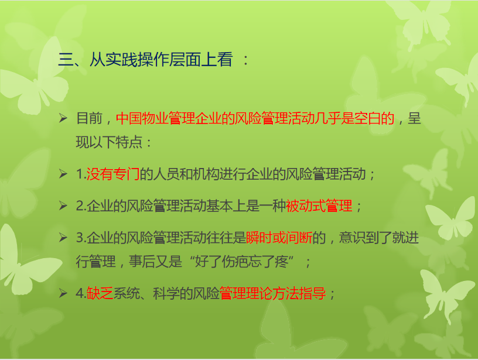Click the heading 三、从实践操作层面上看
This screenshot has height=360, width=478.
(x=146, y=59)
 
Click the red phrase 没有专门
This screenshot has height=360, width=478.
(x=113, y=174)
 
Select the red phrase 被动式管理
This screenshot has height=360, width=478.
(x=319, y=206)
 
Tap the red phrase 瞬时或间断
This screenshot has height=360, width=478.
(x=279, y=238)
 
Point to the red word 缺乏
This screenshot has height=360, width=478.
(x=100, y=294)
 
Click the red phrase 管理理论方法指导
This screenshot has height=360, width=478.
(x=272, y=294)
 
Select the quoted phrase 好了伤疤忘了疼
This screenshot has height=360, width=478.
(x=241, y=262)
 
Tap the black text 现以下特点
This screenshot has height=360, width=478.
(x=109, y=142)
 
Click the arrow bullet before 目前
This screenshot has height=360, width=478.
(x=63, y=118)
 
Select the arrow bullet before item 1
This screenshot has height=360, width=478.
(x=63, y=174)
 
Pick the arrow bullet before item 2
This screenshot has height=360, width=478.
(x=63, y=205)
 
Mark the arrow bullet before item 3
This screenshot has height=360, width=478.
(x=63, y=237)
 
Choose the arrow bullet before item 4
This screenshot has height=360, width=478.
(x=63, y=293)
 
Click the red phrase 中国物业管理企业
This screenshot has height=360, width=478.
(x=169, y=118)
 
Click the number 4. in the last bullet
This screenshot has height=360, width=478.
(x=81, y=294)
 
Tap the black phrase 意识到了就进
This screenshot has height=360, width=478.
(x=379, y=238)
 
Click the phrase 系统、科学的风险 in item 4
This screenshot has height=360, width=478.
(x=166, y=294)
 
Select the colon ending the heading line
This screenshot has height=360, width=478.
(x=245, y=60)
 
